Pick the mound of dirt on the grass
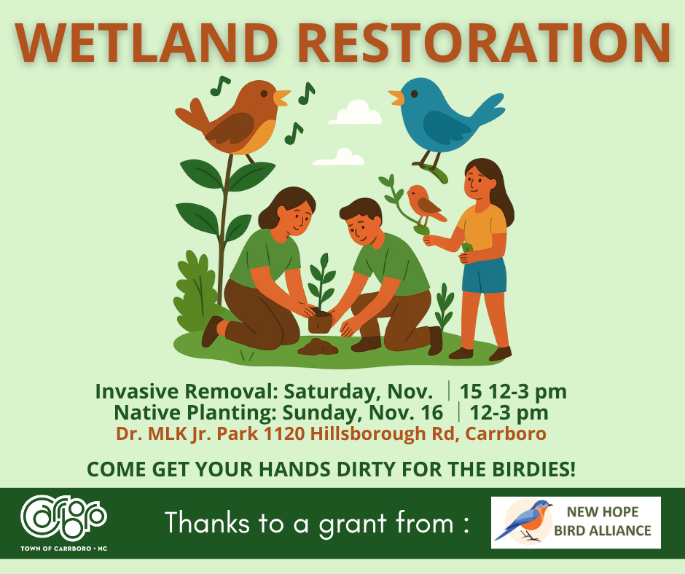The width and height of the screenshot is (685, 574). (318, 347)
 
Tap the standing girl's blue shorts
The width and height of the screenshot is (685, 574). (483, 275)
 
